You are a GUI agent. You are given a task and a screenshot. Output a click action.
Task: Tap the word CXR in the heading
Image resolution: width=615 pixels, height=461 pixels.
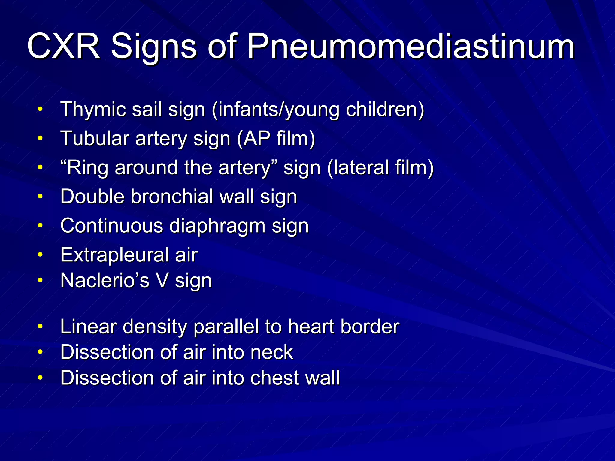pos(63,47)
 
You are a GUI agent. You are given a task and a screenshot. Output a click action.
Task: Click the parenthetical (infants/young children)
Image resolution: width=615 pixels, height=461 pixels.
pos(318,110)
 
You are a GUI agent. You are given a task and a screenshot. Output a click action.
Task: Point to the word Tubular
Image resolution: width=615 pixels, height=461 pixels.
pos(95,139)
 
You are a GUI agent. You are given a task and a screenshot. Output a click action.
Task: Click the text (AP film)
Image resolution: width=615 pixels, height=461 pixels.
pos(276,139)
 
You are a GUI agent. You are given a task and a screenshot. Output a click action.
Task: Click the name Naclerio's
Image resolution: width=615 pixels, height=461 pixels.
pos(105,281)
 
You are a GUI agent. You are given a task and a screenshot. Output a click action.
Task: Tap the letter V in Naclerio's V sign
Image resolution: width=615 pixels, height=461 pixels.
pos(162,281)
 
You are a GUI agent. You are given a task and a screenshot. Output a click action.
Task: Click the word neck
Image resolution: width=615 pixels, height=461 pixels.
pos(272,352)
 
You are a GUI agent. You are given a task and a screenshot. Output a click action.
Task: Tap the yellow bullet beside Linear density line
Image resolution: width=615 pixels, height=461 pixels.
pos(40,327)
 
